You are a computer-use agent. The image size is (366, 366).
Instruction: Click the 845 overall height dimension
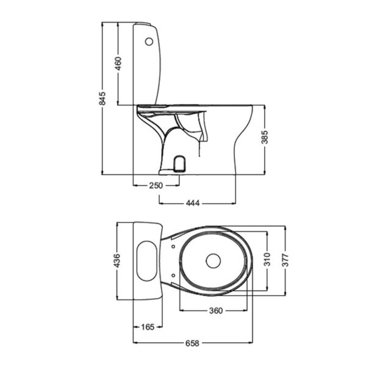coord(102,98)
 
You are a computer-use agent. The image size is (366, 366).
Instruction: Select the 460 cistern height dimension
coord(118,63)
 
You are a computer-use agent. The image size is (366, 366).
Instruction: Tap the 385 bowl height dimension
coord(265,137)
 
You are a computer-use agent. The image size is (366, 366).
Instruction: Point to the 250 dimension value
coord(156,185)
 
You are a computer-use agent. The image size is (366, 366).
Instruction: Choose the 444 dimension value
coord(193,203)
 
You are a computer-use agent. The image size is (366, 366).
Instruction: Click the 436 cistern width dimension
coord(117,260)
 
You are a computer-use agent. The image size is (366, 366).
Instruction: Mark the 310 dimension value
coord(267,259)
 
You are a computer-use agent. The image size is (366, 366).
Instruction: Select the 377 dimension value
coord(285,260)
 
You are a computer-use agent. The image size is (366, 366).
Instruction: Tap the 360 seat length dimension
coord(216,310)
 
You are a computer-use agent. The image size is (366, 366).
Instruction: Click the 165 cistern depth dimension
coord(148,327)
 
